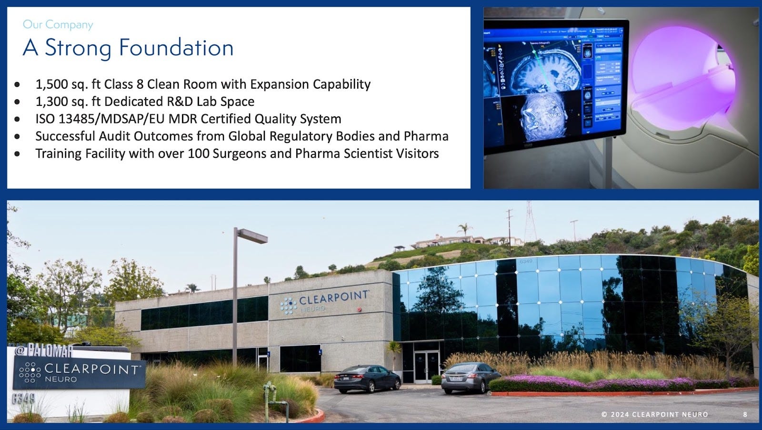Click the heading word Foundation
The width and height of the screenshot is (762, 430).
coord(176,48)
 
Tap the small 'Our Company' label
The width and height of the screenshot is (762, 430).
coord(58,24)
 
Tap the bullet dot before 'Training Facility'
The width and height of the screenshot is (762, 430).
coord(18,154)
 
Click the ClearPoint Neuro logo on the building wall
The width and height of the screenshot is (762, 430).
coord(324,301)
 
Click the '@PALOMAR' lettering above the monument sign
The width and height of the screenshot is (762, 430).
coord(44,351)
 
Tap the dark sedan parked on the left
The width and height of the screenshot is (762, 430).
coord(367,379)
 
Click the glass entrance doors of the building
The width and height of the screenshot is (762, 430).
coord(426,366)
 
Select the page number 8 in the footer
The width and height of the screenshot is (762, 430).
coord(745,414)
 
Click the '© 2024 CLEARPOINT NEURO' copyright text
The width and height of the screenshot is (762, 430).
coord(654,414)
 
